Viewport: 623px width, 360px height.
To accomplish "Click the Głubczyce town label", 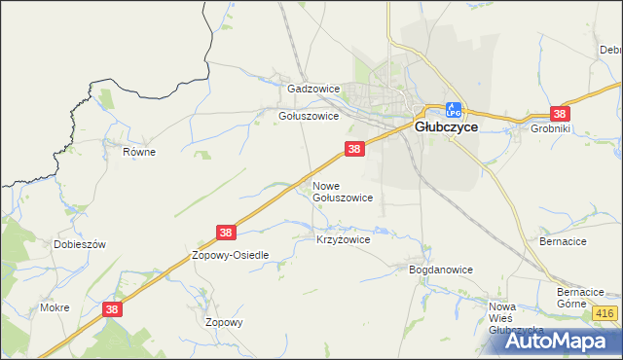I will (445, 126).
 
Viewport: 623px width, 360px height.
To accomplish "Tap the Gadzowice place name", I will (313, 89).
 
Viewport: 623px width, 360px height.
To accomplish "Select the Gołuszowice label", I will (309, 116).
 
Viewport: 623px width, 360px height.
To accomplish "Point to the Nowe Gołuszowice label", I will (342, 191).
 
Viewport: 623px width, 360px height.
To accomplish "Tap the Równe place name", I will (139, 153).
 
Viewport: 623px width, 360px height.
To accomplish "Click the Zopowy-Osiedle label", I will (230, 255).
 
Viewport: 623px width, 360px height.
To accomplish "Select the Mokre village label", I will (55, 307).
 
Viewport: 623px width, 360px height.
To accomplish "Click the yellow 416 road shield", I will (605, 312).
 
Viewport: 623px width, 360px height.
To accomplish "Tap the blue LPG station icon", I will (453, 110).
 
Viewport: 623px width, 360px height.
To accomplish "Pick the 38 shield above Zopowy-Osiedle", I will (226, 233).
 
